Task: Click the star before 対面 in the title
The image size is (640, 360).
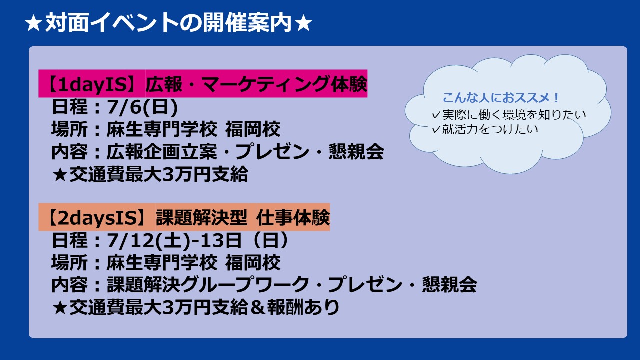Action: [34, 23]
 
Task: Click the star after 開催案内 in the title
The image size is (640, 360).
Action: [303, 23]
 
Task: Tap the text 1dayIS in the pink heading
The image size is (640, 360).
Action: [93, 85]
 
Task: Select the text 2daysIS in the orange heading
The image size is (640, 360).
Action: [97, 218]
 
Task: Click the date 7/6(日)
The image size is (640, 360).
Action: [142, 107]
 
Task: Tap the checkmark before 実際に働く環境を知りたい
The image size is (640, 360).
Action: [436, 115]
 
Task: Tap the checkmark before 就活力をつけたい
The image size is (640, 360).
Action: [436, 130]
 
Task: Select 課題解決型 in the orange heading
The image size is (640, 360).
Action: [201, 218]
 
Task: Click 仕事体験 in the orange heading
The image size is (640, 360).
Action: [293, 218]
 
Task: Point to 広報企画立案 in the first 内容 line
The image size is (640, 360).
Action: [162, 151]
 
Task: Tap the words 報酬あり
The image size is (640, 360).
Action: [303, 307]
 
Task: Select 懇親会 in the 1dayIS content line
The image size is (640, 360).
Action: [356, 151]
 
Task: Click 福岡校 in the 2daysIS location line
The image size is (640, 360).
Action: [253, 263]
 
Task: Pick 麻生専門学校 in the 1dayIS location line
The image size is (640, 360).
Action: [162, 129]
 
